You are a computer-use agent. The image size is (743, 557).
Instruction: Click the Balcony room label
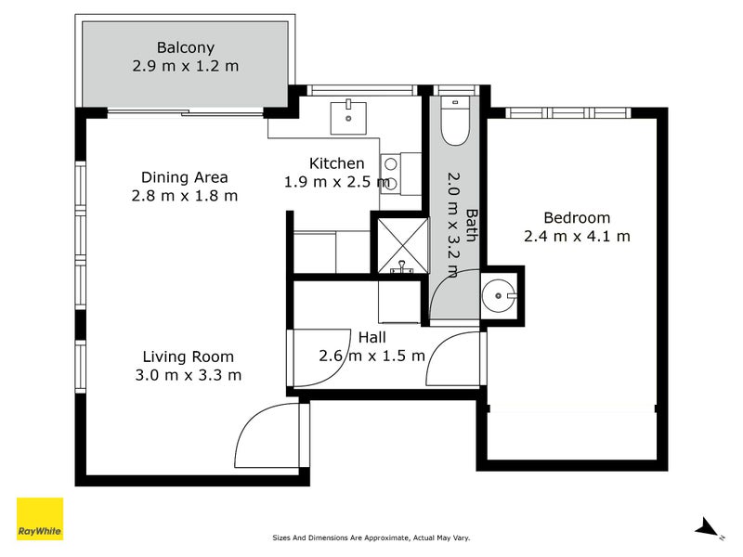click(186, 47)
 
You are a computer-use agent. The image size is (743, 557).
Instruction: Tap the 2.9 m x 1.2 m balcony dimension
click(186, 66)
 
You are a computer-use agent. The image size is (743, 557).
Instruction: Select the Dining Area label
click(184, 177)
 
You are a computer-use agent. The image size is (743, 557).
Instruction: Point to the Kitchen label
click(336, 163)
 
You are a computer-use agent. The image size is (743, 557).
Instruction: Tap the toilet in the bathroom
click(455, 123)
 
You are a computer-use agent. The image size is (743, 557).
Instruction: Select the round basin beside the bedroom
click(500, 296)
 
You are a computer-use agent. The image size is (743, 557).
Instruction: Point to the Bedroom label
click(577, 218)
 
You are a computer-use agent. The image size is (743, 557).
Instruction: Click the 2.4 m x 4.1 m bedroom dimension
click(577, 237)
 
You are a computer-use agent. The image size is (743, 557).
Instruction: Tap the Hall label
click(371, 338)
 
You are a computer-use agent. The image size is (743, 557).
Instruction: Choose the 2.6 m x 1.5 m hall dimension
click(371, 356)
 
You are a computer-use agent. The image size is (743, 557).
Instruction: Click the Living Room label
click(188, 356)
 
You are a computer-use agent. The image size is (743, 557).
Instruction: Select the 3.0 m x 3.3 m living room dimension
click(188, 375)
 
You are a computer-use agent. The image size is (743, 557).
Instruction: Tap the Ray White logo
click(40, 519)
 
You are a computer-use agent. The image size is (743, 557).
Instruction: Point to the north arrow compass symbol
click(709, 527)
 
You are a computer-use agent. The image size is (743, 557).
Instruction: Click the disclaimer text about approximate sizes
click(371, 537)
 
